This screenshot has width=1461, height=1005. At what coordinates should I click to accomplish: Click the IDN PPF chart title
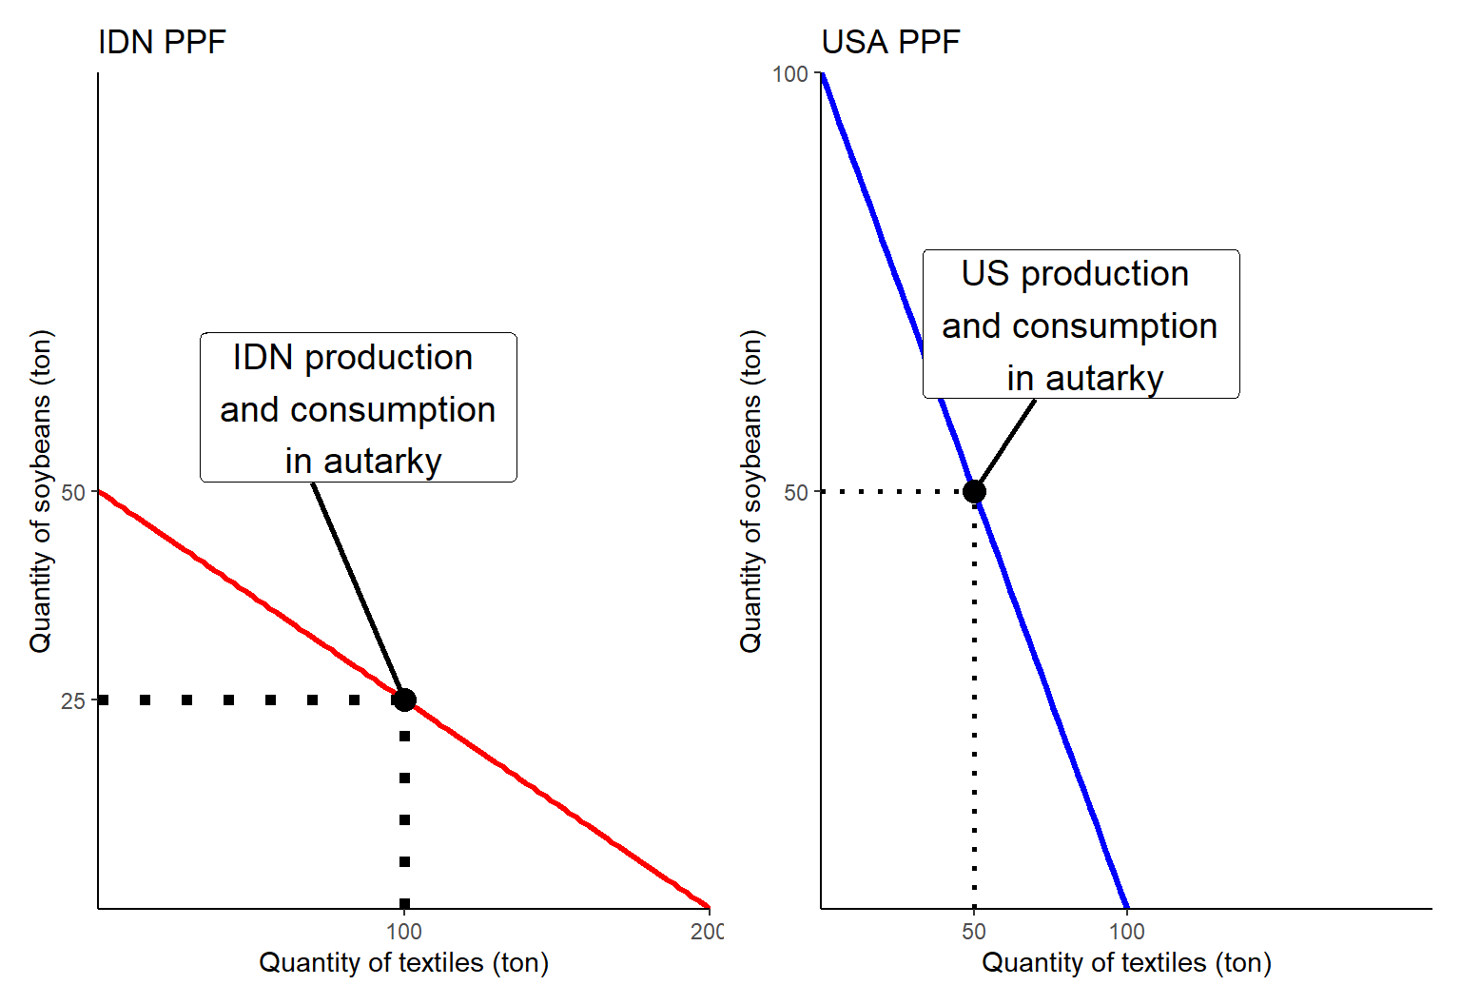[162, 43]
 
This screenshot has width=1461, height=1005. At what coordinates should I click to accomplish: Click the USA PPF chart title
[890, 43]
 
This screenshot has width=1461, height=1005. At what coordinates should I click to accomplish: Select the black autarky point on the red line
[404, 700]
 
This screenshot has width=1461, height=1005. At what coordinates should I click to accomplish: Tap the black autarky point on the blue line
[974, 492]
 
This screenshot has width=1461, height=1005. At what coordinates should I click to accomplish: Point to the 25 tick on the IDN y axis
[73, 701]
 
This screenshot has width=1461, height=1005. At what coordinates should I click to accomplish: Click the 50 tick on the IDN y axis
[73, 493]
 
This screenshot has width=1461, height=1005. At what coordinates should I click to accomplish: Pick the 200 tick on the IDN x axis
[707, 932]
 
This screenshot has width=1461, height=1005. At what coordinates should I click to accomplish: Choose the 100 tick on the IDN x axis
[404, 932]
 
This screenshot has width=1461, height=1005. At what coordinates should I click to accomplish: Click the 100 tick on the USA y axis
[790, 74]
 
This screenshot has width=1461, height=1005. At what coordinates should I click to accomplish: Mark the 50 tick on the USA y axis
[796, 493]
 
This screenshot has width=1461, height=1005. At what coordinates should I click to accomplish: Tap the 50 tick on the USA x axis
[974, 932]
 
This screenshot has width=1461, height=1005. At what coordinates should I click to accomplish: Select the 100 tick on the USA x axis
[1127, 932]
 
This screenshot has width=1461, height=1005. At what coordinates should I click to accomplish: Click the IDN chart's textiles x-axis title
[403, 963]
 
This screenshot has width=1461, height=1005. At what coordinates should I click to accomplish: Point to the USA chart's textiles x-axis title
[1126, 963]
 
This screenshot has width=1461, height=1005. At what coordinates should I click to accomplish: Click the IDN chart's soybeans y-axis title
[41, 491]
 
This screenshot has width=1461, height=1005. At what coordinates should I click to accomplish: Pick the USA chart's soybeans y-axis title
[751, 491]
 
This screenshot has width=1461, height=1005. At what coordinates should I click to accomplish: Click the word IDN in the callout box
[263, 358]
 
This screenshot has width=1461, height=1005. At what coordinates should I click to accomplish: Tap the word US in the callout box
[984, 274]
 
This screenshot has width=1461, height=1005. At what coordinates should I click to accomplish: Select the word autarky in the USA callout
[1104, 379]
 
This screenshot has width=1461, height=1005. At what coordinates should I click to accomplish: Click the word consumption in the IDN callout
[393, 410]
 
